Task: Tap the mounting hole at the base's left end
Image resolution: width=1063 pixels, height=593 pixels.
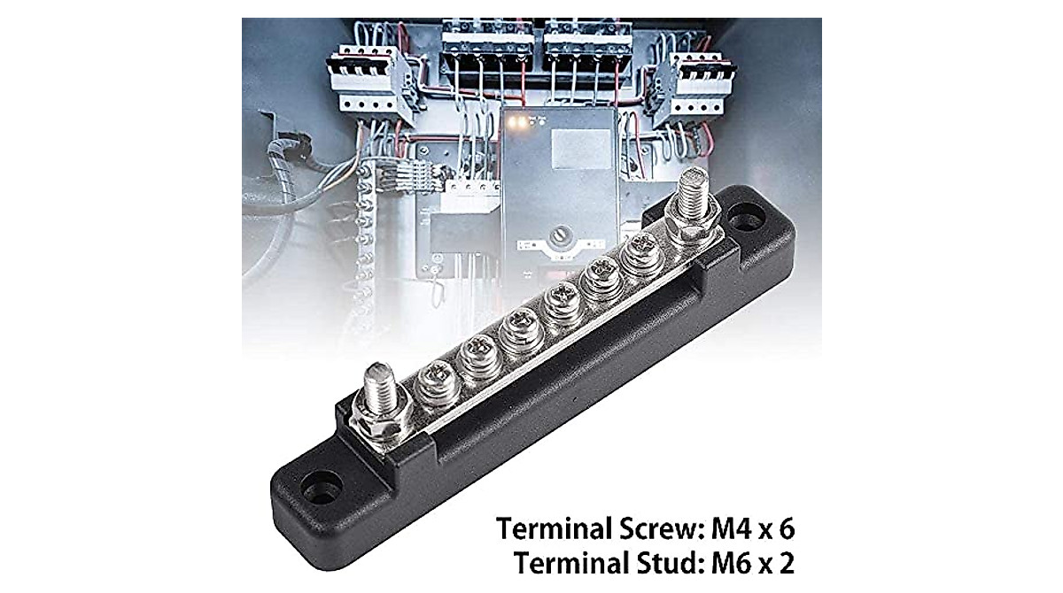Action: (x=321, y=487)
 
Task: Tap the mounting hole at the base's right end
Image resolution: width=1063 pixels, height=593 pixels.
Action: (x=747, y=218)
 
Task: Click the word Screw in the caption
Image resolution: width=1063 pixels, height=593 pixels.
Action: (x=655, y=529)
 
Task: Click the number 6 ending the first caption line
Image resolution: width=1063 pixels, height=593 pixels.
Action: (x=786, y=529)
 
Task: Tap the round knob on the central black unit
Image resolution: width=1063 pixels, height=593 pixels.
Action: (x=559, y=237)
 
